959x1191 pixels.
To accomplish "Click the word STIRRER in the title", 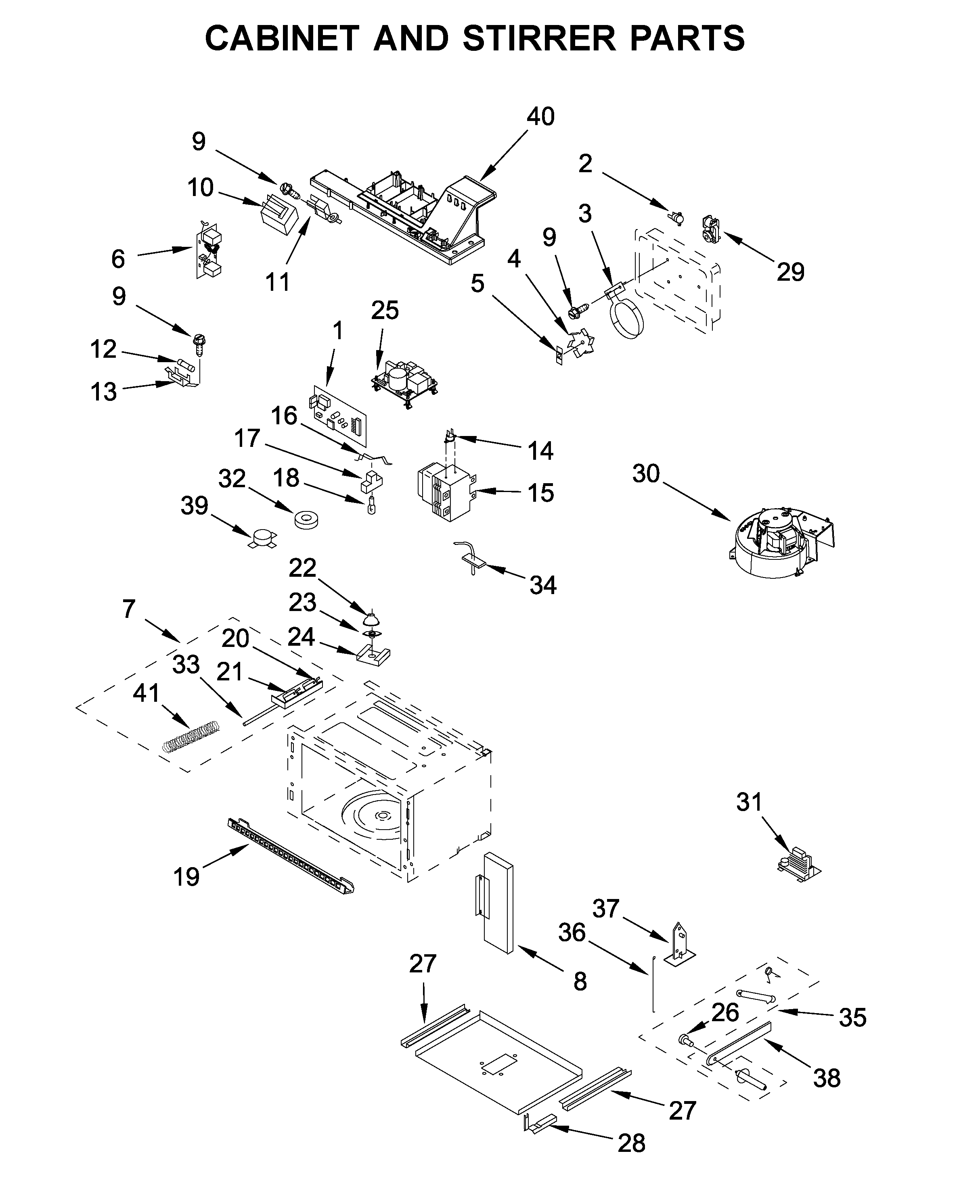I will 538,39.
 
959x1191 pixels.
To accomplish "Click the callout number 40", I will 540,117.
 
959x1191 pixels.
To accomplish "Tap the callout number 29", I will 790,272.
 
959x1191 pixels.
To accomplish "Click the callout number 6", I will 118,259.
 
